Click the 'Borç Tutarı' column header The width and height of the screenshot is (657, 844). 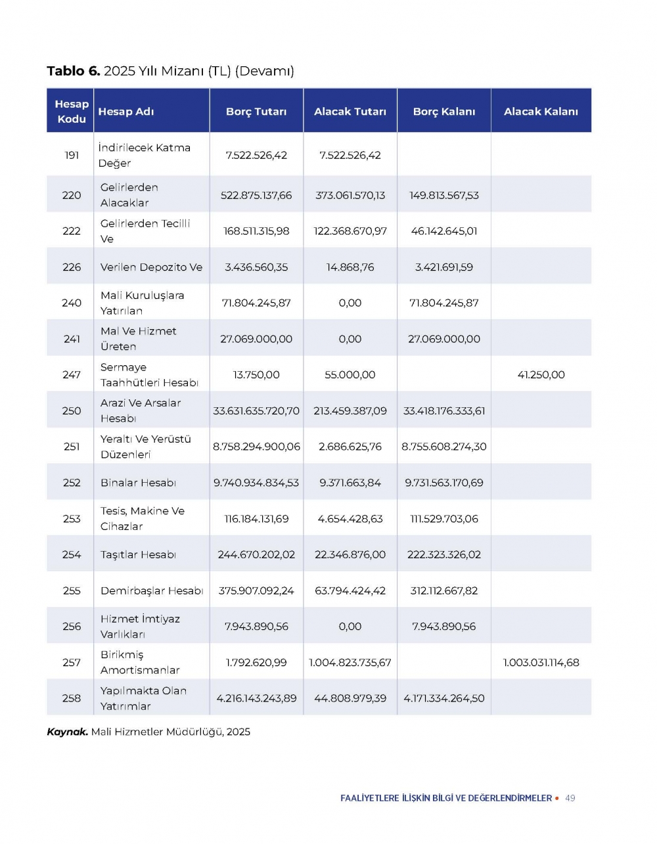[x=256, y=112]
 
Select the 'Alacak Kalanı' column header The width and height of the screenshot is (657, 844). [x=541, y=112]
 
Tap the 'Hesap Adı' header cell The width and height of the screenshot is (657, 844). [x=126, y=112]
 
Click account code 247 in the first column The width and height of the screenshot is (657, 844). [x=72, y=374]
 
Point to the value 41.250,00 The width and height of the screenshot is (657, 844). [x=541, y=374]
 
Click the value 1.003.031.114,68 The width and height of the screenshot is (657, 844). [x=541, y=662]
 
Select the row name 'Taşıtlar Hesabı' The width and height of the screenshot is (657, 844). [x=138, y=554]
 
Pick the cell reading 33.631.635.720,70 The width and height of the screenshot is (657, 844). [x=256, y=411]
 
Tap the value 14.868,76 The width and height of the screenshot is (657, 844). [x=350, y=267]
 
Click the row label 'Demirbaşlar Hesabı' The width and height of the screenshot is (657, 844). [x=152, y=590]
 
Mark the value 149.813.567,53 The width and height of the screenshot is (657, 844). [x=444, y=195]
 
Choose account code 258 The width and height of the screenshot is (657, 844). [x=72, y=698]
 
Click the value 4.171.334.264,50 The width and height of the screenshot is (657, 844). [x=444, y=698]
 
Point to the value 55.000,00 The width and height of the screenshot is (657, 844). [x=350, y=374]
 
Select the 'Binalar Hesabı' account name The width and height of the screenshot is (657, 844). [x=138, y=483]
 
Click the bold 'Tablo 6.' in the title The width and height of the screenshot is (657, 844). [x=73, y=71]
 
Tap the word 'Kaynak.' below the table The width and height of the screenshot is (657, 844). [x=67, y=732]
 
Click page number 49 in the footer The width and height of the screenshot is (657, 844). [x=570, y=798]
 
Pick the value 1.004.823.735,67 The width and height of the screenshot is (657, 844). [x=350, y=662]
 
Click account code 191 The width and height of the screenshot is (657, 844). [x=72, y=155]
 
